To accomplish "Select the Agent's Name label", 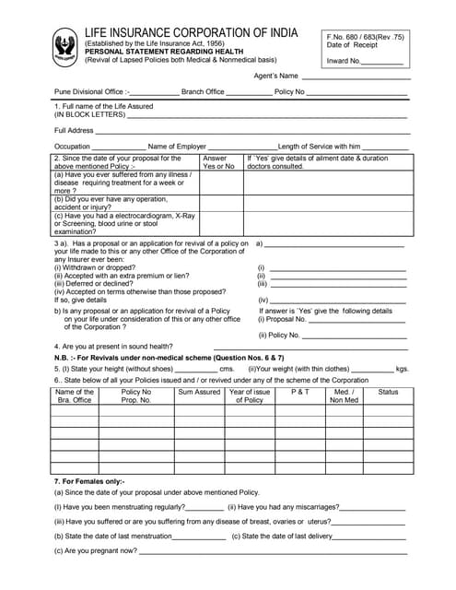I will coord(275,76).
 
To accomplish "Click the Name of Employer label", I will coord(177,147).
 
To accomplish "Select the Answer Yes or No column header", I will coord(218,162).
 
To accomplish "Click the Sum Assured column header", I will coord(199,392).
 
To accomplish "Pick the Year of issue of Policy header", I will coord(249,395).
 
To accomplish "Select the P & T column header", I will coord(300,392).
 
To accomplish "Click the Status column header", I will coord(388,392).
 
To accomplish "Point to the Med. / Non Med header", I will coord(345,395).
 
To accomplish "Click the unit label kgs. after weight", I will coord(402,369).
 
